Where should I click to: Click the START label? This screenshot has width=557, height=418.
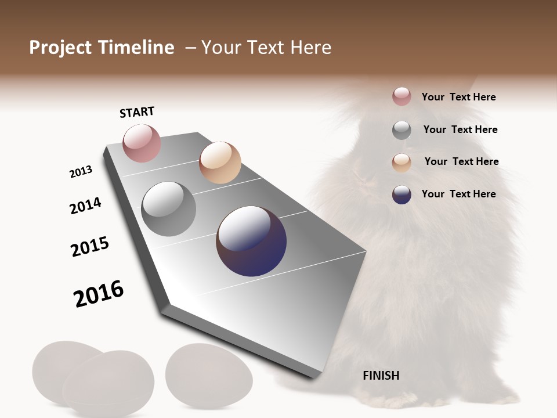coord(137,112)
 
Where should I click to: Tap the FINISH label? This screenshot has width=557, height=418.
coord(381,376)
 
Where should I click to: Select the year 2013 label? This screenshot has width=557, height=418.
coord(81,172)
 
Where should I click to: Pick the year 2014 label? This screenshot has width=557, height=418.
coord(85,206)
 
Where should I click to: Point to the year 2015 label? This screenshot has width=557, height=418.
coord(90,247)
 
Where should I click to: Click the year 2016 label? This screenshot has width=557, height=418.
coord(99,294)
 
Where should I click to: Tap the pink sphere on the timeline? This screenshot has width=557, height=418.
coord(142,143)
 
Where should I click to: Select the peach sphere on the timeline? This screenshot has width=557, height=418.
coord(220,162)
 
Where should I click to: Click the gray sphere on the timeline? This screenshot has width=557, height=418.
coord(169,209)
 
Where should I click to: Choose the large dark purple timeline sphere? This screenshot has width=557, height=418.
coord(251,241)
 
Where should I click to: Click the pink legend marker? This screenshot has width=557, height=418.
coord(402,96)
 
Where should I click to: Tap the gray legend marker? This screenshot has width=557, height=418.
coord(402,130)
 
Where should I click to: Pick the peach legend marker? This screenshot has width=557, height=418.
coord(402,162)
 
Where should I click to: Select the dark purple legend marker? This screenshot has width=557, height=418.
coord(402,194)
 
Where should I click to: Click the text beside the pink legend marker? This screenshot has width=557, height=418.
coord(458,97)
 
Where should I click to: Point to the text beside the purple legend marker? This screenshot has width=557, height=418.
coord(458,194)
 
